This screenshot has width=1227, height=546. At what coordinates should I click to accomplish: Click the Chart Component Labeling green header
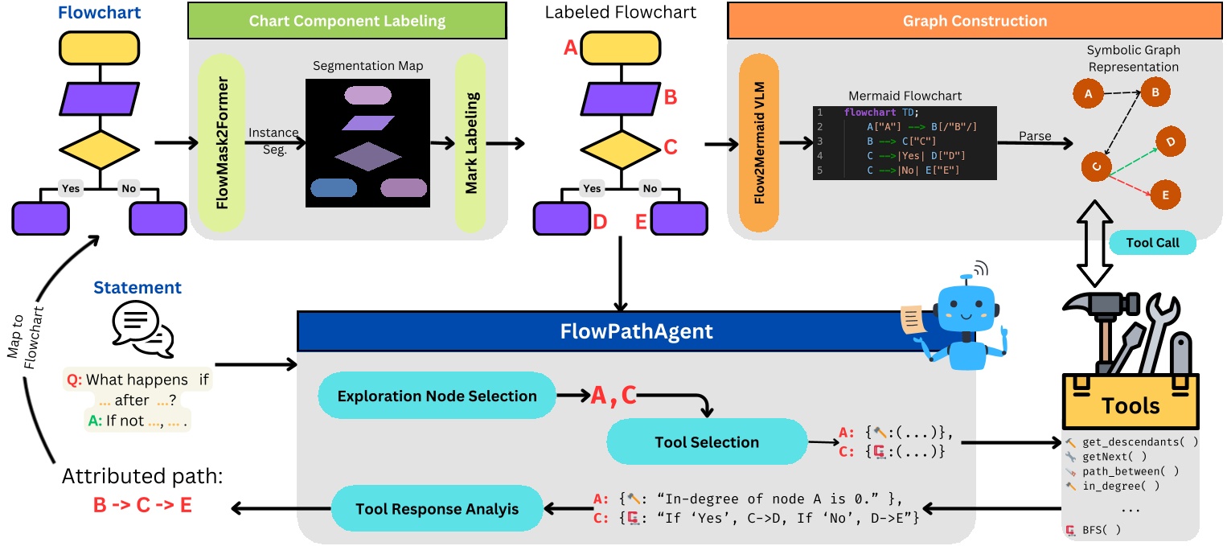[x=348, y=21]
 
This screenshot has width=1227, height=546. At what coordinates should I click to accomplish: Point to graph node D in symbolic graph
[x=1171, y=142]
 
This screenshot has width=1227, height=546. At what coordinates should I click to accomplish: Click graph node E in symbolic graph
[x=1165, y=195]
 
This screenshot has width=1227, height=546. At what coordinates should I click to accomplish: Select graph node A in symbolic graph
[x=1089, y=93]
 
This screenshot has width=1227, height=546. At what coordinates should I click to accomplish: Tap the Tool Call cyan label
[x=1151, y=242]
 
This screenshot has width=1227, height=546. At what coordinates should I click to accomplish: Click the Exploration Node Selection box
[x=437, y=396]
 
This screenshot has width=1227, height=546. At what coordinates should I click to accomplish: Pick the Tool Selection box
[x=706, y=441]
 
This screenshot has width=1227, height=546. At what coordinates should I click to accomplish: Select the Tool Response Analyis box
[x=437, y=508]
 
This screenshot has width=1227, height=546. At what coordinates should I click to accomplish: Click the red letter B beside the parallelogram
[x=671, y=98]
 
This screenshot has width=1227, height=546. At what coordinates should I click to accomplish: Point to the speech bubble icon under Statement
[x=137, y=331]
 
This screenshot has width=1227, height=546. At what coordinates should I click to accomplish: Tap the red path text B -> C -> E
[x=143, y=507]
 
